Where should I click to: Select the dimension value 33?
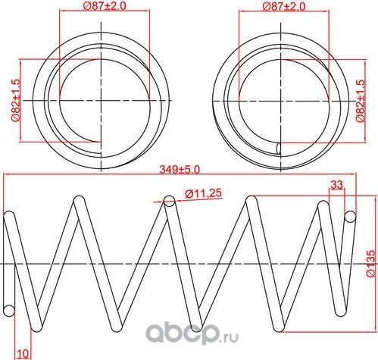tap(337, 184)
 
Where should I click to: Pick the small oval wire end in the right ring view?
tap(279, 147)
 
